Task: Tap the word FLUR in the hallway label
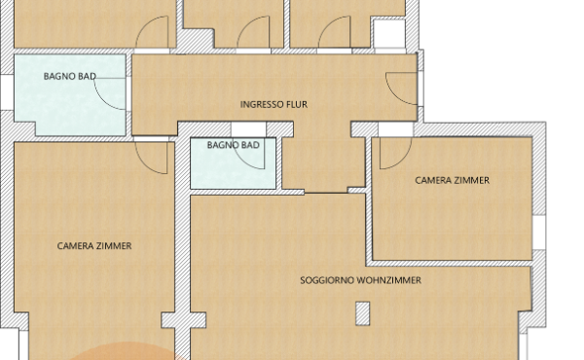coord(298,103)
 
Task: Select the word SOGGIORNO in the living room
coord(327,280)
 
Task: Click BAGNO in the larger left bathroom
coord(59,75)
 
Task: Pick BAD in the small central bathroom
coord(251,145)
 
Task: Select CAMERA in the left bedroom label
coord(76,246)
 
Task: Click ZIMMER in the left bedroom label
coord(114,246)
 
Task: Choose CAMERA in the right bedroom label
coord(433,180)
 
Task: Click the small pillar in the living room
coord(363,313)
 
